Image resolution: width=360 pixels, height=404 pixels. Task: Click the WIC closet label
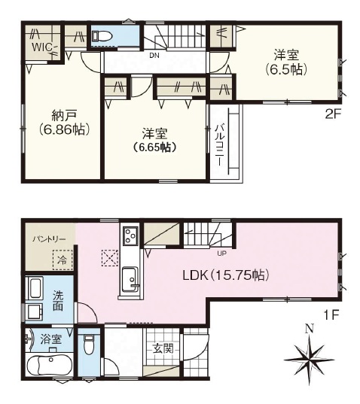42,47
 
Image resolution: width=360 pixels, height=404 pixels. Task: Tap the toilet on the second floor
102,36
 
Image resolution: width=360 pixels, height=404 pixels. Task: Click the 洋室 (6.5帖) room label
286,62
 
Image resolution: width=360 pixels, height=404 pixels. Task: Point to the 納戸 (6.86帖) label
65,123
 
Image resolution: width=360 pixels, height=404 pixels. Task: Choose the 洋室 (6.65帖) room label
154,141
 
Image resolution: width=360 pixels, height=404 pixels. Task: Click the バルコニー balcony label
219,144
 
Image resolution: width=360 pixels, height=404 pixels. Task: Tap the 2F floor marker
333,114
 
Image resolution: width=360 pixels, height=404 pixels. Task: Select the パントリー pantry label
49,238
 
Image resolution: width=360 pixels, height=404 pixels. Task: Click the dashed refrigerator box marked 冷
63,260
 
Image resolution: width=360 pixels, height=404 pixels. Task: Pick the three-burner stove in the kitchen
130,235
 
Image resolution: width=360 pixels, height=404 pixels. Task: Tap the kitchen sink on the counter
130,279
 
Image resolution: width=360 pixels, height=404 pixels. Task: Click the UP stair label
221,254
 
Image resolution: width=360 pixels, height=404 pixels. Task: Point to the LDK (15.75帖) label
226,275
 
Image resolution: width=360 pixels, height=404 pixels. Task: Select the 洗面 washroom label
58,300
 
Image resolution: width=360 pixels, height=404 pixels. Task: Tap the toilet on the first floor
89,344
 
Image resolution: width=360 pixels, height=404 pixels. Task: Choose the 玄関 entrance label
163,349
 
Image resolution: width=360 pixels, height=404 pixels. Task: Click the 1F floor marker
331,315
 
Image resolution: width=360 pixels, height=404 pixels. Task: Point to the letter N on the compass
310,329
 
